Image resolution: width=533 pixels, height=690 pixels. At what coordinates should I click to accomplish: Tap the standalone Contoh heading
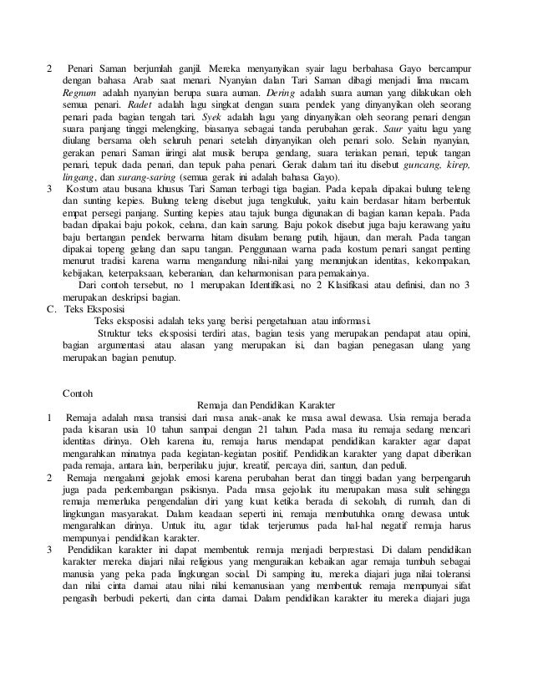79,391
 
